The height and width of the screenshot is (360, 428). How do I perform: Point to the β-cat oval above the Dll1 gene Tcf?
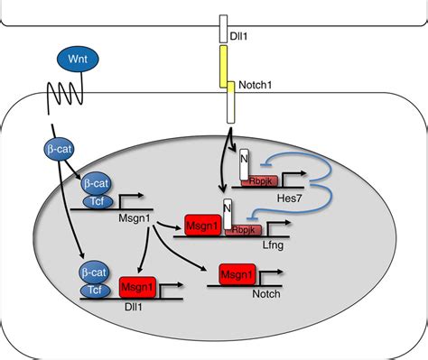[x=96, y=271]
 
